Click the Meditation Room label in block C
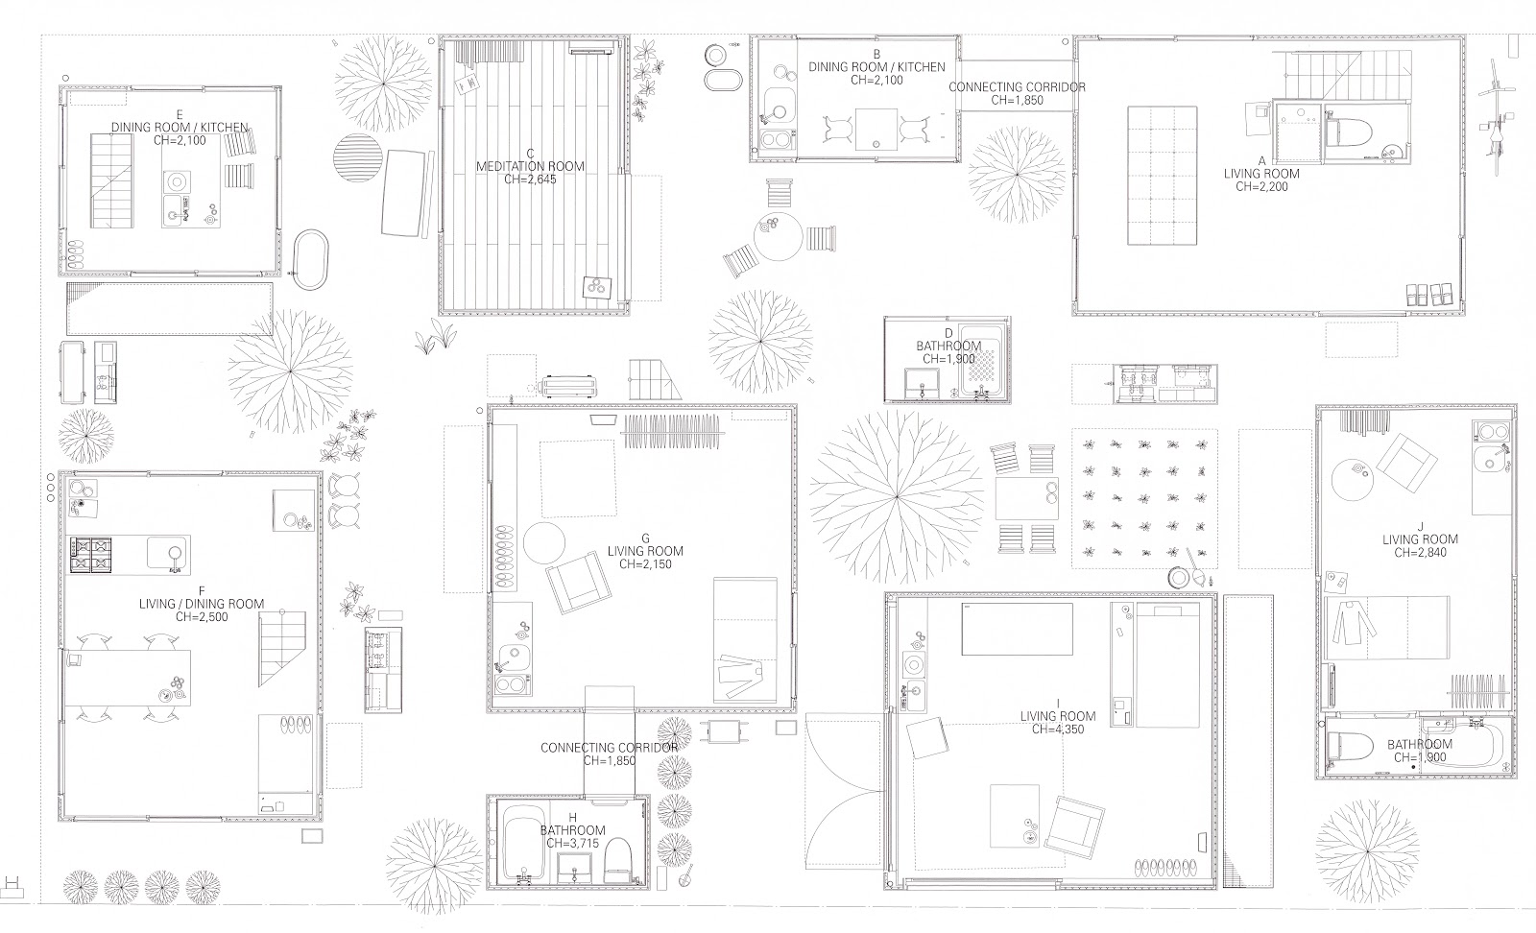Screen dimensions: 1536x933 [530, 166]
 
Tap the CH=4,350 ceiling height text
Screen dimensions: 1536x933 [1058, 730]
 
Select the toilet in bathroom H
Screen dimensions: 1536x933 [616, 860]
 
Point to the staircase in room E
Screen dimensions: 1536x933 [111, 181]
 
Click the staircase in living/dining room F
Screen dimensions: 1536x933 [282, 649]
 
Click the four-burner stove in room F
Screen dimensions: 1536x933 [90, 555]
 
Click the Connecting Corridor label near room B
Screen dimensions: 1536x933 [1017, 87]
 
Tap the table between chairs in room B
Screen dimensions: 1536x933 [876, 129]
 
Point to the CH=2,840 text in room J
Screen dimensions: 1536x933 [1420, 552]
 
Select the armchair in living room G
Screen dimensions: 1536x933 [578, 583]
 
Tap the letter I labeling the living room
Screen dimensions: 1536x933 [1058, 704]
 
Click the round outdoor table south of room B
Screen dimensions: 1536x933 [778, 237]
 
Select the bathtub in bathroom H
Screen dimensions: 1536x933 [523, 843]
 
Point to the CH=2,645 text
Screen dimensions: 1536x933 [530, 179]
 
